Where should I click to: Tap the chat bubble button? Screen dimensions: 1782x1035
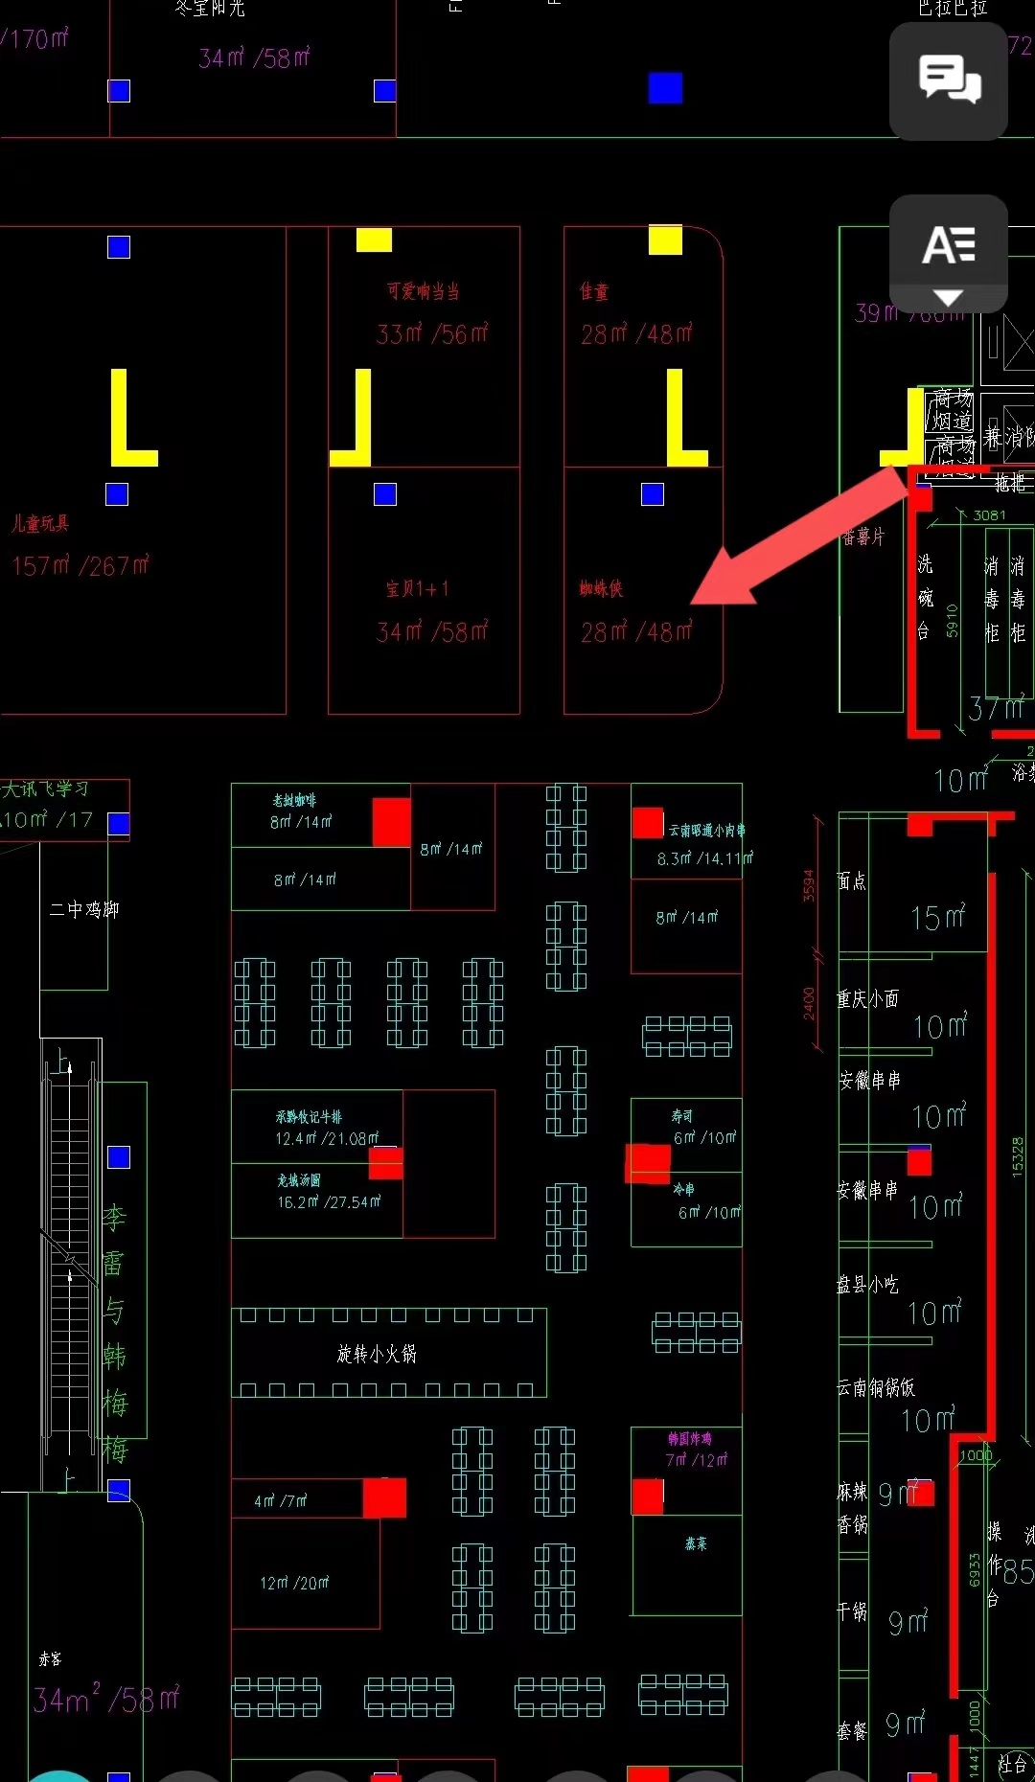(949, 80)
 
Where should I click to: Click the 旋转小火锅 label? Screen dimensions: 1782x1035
(377, 1354)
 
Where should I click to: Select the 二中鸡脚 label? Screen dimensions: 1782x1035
(84, 909)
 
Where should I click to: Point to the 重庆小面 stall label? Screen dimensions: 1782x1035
(867, 999)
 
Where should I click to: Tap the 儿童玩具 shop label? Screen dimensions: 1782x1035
(40, 523)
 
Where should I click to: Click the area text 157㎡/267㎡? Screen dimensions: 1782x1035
(80, 566)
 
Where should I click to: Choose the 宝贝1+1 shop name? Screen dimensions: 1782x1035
(417, 588)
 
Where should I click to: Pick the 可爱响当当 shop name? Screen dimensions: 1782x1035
(424, 291)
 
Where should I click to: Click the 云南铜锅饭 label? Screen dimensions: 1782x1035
(876, 1387)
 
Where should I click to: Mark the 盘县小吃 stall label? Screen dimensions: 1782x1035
(867, 1285)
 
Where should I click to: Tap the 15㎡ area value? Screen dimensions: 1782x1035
(938, 918)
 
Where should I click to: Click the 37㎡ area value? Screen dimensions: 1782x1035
(997, 709)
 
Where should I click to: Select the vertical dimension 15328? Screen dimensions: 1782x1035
(1018, 1156)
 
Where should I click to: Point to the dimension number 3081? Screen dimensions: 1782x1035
(989, 515)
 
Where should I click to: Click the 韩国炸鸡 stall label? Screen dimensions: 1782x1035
(690, 1439)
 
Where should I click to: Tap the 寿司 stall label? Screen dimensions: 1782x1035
(682, 1116)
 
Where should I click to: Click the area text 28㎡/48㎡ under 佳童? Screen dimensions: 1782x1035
(636, 334)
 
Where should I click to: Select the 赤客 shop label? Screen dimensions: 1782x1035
(50, 1659)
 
